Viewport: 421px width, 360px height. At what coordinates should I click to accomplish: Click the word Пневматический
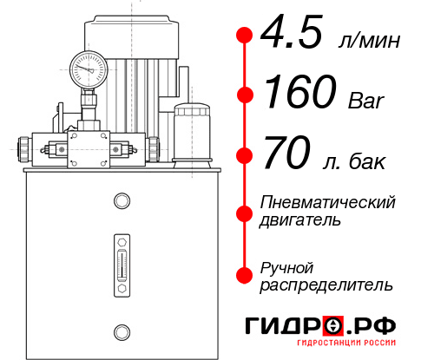(328, 202)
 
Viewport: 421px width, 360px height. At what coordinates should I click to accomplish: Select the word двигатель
(300, 220)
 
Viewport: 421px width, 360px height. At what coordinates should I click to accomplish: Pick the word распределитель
(326, 285)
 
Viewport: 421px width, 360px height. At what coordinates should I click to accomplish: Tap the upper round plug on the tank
(121, 201)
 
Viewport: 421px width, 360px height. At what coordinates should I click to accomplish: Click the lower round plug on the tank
(121, 330)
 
